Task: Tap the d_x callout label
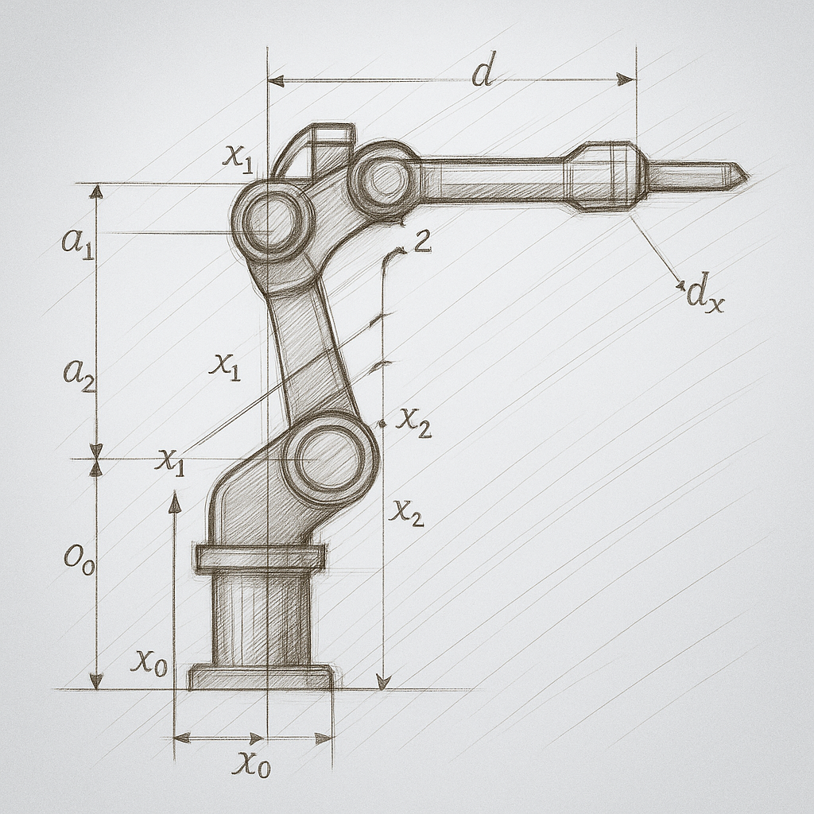tap(704, 297)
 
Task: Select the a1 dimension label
tap(79, 242)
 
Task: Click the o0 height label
tap(79, 560)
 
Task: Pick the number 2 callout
tap(423, 242)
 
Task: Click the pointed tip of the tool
tap(748, 177)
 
